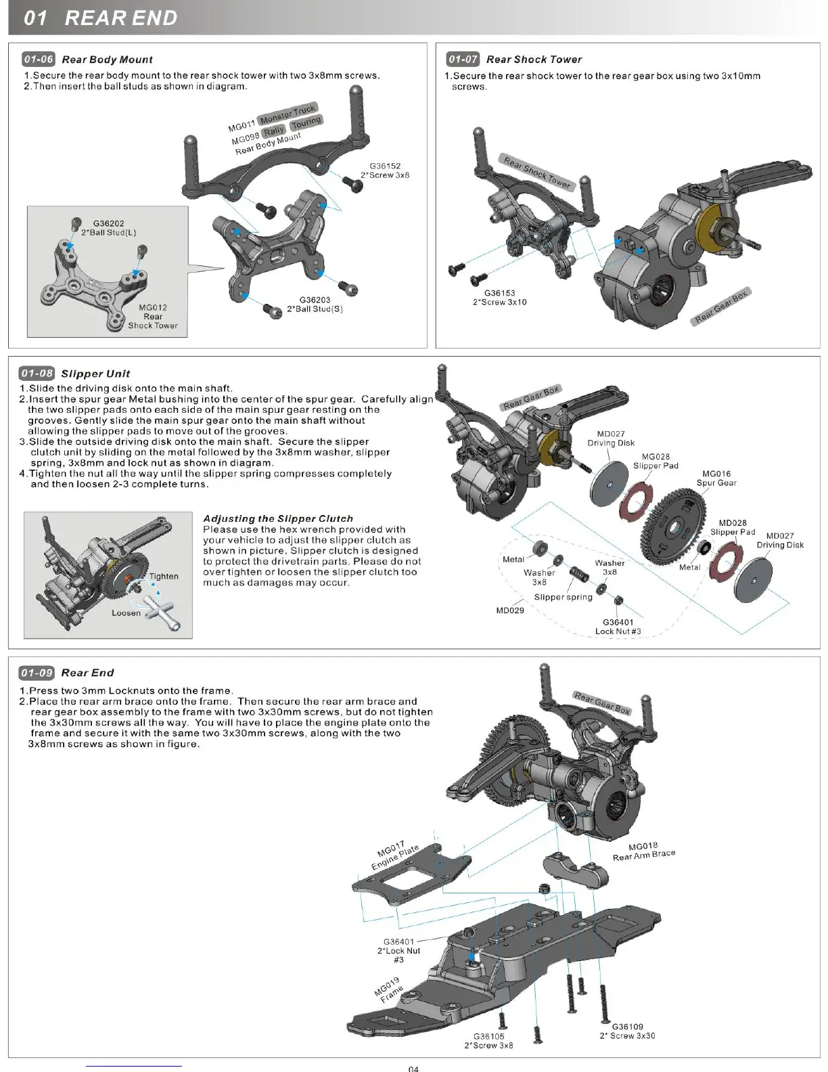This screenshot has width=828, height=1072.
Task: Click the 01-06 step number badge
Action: pyautogui.click(x=38, y=59)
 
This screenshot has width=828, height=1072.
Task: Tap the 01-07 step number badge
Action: pyautogui.click(x=463, y=59)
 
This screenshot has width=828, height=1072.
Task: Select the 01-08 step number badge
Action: pyautogui.click(x=37, y=373)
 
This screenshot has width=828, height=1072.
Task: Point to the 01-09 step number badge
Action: pyautogui.click(x=37, y=672)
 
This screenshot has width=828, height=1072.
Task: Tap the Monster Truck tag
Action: pyautogui.click(x=287, y=113)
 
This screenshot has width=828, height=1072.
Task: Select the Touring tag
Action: pyautogui.click(x=306, y=122)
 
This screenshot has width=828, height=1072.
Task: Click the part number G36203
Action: pyautogui.click(x=315, y=300)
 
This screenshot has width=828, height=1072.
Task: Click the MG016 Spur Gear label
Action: pyautogui.click(x=716, y=478)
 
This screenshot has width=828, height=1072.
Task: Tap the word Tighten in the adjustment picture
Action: pyautogui.click(x=164, y=576)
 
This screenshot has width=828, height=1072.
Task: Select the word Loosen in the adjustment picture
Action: pyautogui.click(x=127, y=612)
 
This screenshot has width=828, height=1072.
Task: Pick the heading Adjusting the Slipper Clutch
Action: pyautogui.click(x=278, y=518)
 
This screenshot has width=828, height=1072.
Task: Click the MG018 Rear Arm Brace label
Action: pyautogui.click(x=643, y=851)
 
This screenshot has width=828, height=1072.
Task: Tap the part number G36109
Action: pyautogui.click(x=627, y=1027)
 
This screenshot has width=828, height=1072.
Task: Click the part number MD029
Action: pyautogui.click(x=510, y=610)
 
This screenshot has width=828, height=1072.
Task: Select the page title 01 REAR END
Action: pyautogui.click(x=100, y=18)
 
